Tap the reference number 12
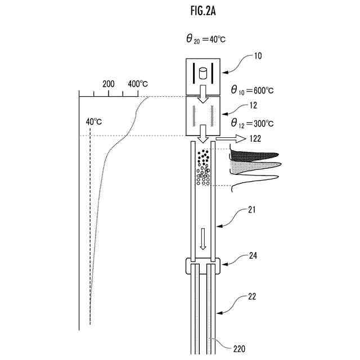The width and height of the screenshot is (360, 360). (253, 105)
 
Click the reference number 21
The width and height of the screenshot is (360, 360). (252, 210)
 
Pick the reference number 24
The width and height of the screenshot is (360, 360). (253, 255)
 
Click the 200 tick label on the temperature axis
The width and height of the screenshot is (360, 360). (109, 84)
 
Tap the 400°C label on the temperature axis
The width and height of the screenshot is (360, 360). (138, 84)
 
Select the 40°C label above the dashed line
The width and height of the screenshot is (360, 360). (93, 121)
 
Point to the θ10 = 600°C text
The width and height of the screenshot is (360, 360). (253, 89)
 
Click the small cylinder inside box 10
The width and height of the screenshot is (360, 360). (204, 73)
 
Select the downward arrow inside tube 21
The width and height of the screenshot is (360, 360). (204, 238)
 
